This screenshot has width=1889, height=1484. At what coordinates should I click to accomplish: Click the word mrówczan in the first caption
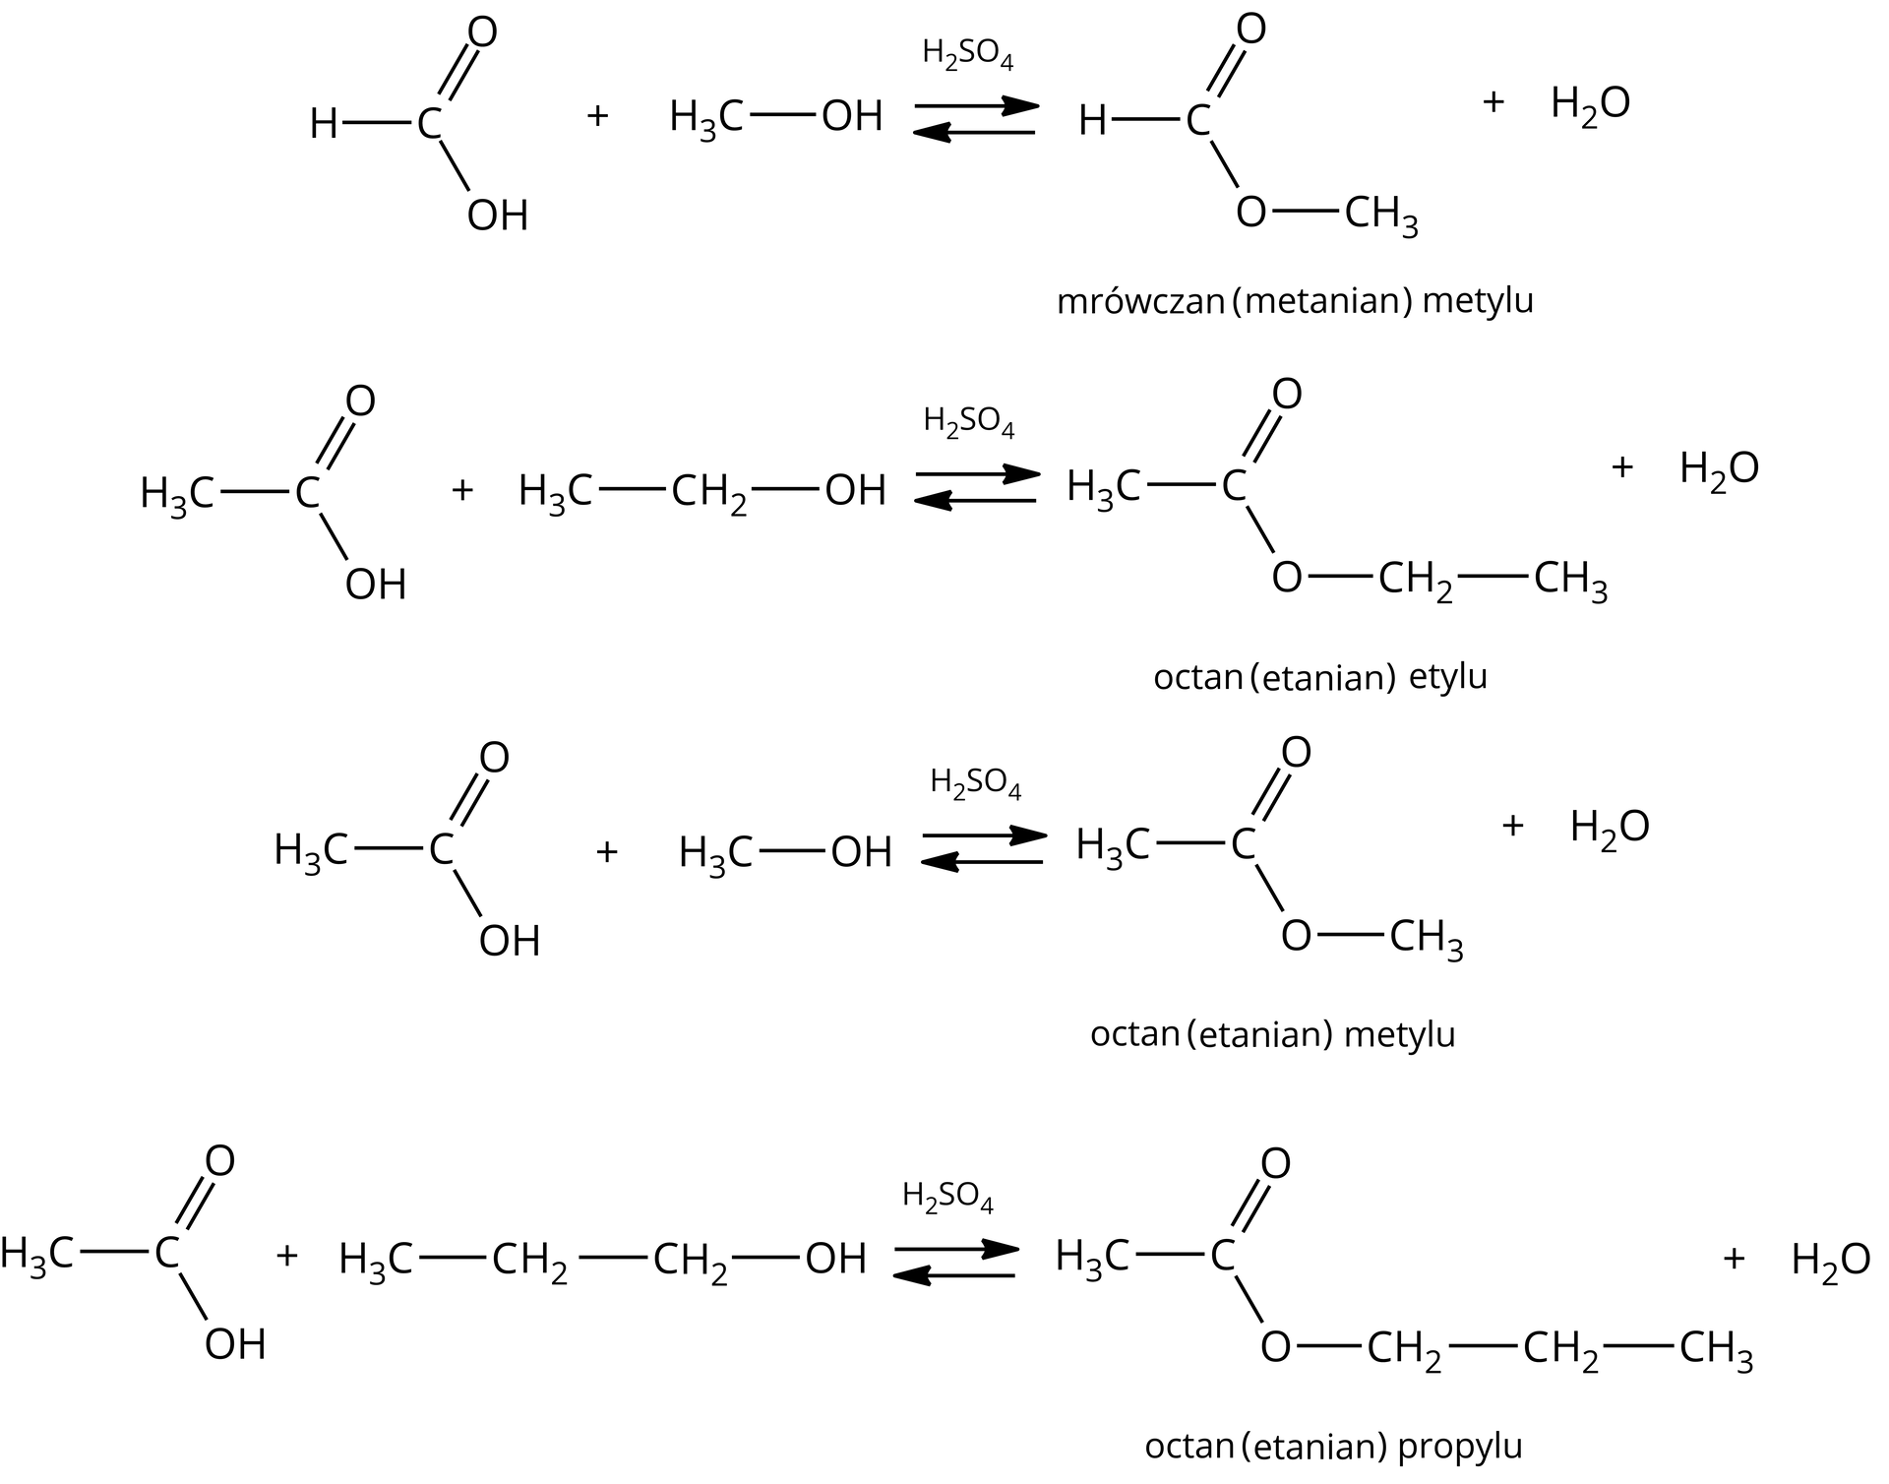click(1139, 301)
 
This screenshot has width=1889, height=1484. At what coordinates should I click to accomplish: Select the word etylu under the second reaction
click(1448, 677)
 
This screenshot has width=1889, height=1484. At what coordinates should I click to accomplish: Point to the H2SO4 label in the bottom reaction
click(947, 1197)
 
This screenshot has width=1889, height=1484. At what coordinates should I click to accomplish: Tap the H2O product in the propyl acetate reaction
click(1830, 1261)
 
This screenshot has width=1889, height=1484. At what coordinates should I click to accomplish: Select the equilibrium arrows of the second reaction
click(976, 488)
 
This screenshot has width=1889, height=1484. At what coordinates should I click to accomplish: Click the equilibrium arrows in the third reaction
click(982, 849)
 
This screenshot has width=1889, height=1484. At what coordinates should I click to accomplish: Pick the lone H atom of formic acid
click(324, 125)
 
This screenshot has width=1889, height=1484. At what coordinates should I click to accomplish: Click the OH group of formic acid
click(498, 216)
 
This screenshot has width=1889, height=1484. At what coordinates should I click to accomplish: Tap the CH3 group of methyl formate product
click(1380, 214)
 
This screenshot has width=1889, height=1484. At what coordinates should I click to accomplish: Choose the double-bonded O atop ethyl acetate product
click(1287, 394)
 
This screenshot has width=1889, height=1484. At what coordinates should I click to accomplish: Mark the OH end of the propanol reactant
click(835, 1259)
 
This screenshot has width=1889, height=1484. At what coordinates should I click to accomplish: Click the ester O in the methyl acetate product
click(1296, 936)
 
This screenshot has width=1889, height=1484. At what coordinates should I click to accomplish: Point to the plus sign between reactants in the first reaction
click(597, 116)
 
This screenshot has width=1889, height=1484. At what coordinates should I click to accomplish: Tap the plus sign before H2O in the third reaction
click(1512, 826)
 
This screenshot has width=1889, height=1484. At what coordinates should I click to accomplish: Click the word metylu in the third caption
click(1399, 1034)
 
